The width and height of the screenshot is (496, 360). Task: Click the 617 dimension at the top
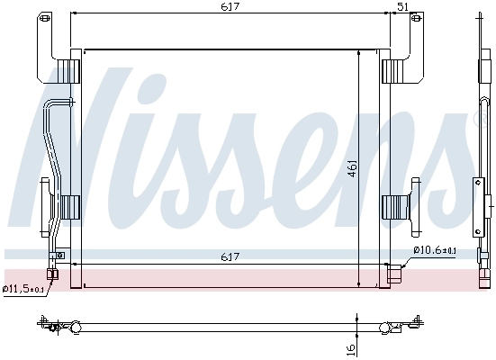231,6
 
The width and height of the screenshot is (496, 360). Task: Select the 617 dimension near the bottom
231,258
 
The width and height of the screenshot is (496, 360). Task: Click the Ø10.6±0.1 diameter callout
435,250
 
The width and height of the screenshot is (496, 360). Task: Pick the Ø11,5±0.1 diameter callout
23,289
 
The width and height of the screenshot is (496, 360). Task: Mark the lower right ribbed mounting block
395,206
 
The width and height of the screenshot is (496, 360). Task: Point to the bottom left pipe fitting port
53,274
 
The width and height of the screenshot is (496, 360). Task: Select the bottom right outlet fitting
393,272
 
